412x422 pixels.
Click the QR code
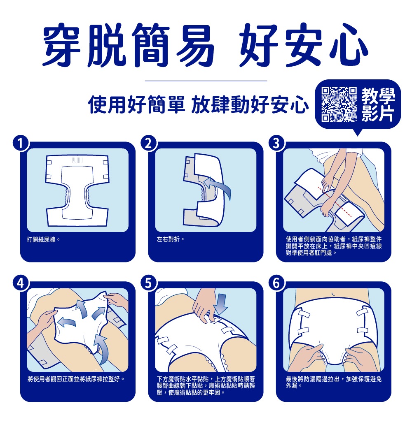(x=339, y=104)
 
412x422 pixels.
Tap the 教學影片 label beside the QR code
(x=378, y=104)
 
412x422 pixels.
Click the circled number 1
(x=21, y=144)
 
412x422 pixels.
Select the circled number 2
(x=149, y=144)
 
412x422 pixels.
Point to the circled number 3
(x=276, y=144)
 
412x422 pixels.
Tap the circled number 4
(x=21, y=283)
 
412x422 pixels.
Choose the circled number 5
(x=149, y=283)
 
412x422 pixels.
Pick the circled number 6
(x=276, y=283)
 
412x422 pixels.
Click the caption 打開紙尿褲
(x=43, y=239)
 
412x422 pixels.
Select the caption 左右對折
(x=171, y=239)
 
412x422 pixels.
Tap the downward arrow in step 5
(x=221, y=304)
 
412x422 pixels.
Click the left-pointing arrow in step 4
(x=67, y=322)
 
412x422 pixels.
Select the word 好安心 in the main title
(x=304, y=45)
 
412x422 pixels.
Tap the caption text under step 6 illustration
(x=334, y=383)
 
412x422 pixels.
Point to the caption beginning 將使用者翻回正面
(x=76, y=379)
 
